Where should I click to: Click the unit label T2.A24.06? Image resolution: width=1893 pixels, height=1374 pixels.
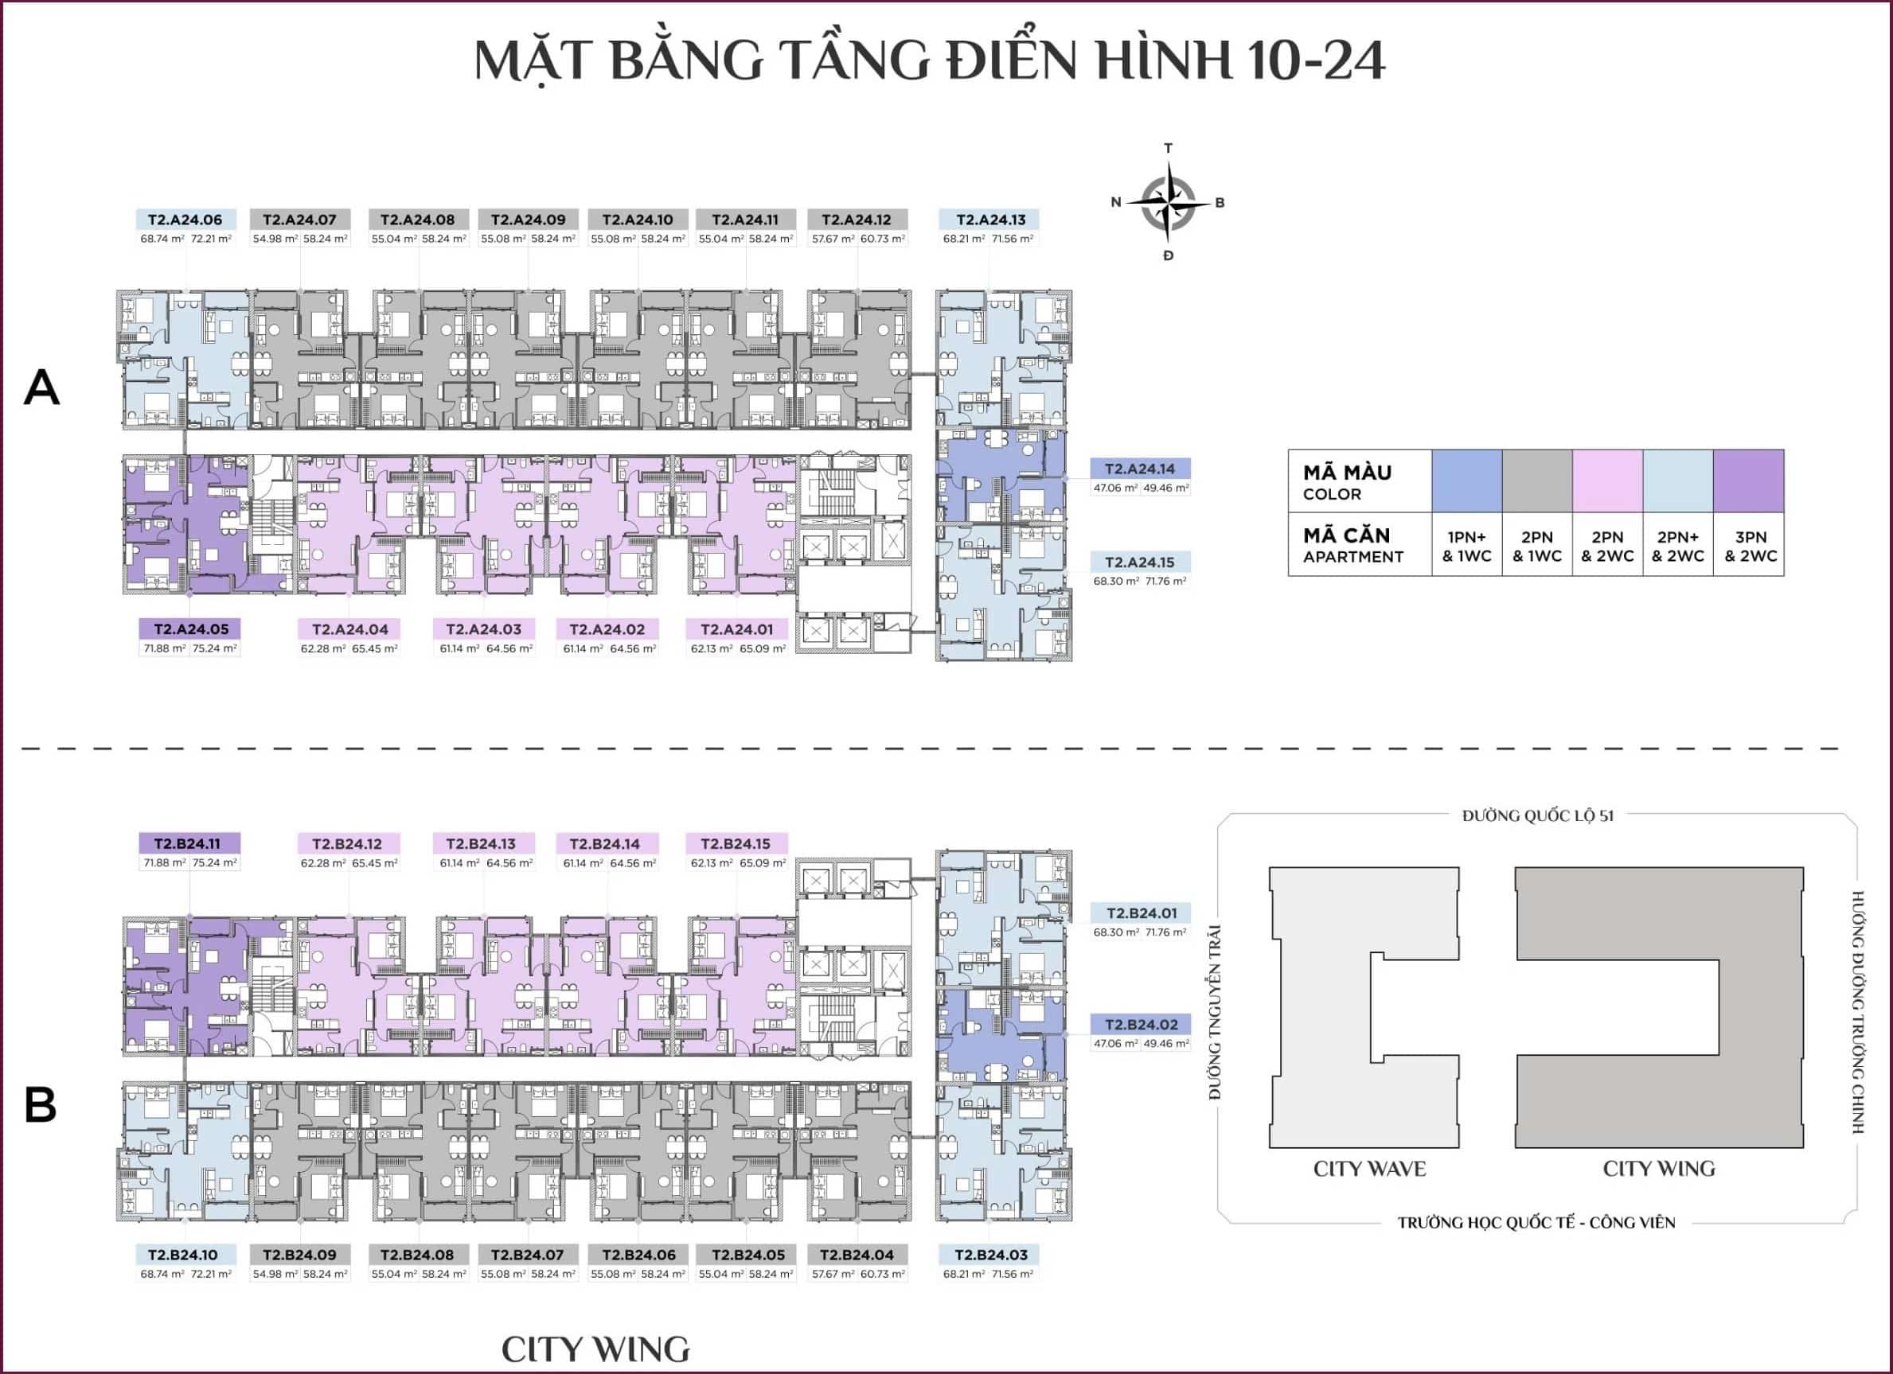tap(185, 220)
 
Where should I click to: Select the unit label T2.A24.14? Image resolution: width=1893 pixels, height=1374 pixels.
tap(1139, 469)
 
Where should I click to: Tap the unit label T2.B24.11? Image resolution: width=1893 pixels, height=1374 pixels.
tap(189, 843)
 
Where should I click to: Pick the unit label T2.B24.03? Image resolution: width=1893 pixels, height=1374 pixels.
tap(989, 1255)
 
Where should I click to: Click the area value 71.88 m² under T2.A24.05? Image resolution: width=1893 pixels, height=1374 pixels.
tap(165, 648)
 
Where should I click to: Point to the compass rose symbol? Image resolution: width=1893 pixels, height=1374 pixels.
tap(1168, 203)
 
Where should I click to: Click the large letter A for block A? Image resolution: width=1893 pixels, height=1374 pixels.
tap(41, 389)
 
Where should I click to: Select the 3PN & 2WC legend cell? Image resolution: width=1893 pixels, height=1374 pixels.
tap(1750, 547)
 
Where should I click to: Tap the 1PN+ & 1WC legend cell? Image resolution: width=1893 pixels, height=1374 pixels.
tap(1466, 547)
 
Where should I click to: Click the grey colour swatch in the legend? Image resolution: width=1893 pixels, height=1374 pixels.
tap(1536, 481)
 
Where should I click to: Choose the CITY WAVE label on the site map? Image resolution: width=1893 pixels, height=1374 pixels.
tap(1369, 1169)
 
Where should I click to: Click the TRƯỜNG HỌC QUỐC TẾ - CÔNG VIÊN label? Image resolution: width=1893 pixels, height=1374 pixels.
tap(1536, 1222)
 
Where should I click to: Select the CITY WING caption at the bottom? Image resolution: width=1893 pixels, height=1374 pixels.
tap(595, 1349)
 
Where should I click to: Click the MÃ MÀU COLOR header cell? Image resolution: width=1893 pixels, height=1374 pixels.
tap(1359, 481)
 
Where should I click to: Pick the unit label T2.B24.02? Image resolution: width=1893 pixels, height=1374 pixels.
tap(1141, 1025)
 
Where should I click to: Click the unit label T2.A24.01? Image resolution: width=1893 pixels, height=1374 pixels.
tap(736, 629)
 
